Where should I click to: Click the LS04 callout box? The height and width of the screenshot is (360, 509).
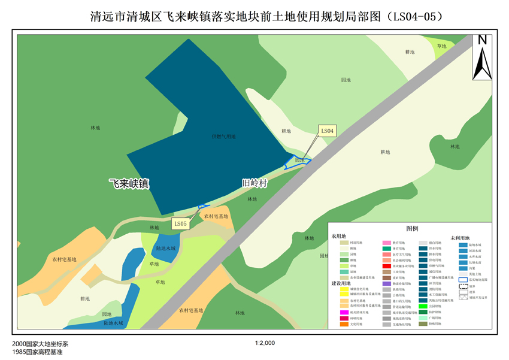[327, 130]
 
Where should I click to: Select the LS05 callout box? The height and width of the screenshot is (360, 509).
[180, 224]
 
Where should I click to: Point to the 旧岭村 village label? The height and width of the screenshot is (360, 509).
[254, 183]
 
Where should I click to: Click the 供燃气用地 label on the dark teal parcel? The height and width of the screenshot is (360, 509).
[224, 137]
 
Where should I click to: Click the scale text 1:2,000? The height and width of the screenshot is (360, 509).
[265, 343]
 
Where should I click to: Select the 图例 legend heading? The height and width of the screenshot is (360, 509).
[412, 228]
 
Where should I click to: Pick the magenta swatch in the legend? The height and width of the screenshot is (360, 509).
[344, 312]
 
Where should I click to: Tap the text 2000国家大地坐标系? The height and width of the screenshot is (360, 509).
[40, 344]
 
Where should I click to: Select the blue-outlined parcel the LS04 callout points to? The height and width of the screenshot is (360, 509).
[296, 161]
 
